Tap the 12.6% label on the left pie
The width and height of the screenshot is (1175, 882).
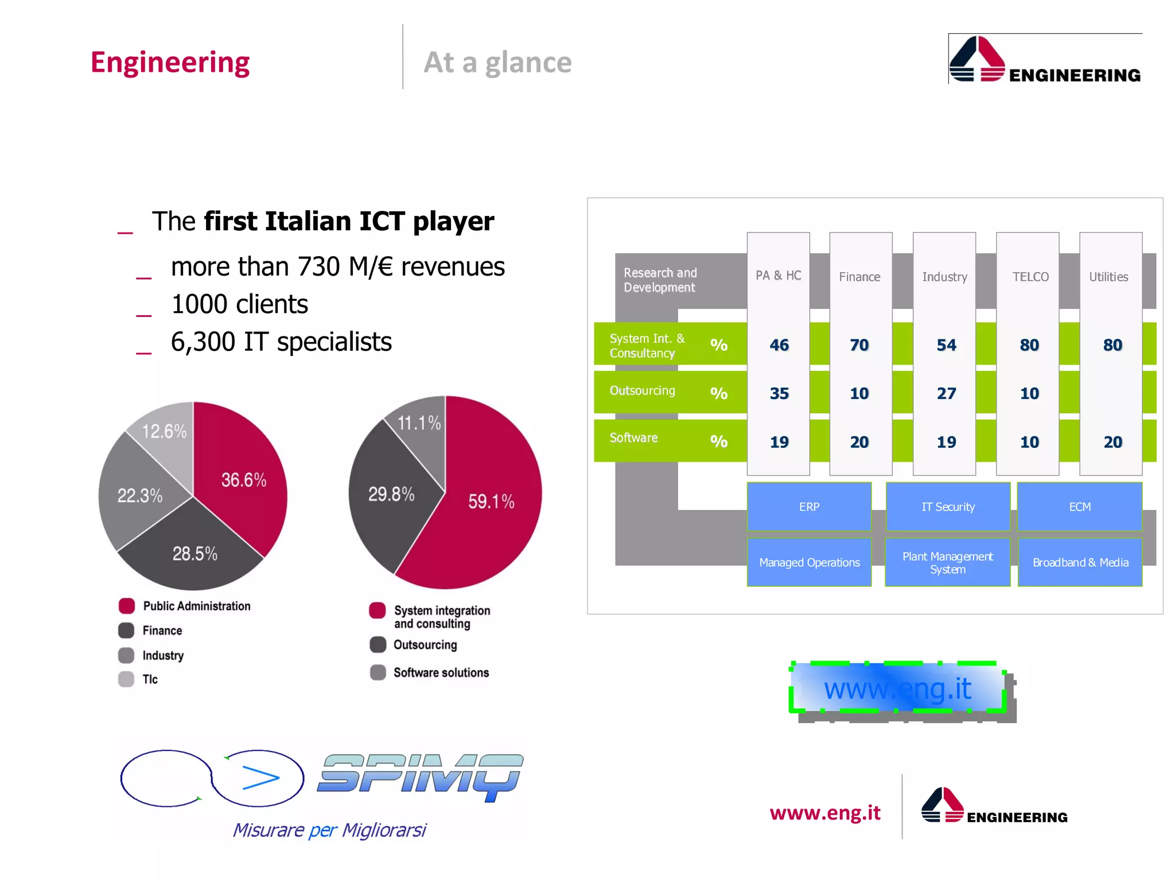coord(164,431)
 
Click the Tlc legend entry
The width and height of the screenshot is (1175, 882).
coord(150,679)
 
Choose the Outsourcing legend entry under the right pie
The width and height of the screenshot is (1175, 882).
coord(425,645)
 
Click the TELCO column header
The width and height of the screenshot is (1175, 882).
coord(1030,277)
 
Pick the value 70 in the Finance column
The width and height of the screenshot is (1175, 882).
coord(859,345)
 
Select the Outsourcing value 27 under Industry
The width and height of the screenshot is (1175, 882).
coord(946,393)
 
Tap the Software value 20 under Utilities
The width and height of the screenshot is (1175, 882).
coord(1112,442)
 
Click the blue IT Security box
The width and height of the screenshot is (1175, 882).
coord(948,507)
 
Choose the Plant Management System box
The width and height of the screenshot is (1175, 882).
coord(947,563)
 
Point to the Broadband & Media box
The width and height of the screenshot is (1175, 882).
coord(1080,563)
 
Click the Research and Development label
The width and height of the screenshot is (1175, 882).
coord(660,280)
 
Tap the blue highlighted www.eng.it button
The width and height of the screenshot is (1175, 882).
coord(898,688)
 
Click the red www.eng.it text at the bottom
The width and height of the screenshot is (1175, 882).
coord(825,813)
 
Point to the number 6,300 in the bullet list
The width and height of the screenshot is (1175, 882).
coord(203,342)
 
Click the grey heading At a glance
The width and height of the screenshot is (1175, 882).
coord(497,62)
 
